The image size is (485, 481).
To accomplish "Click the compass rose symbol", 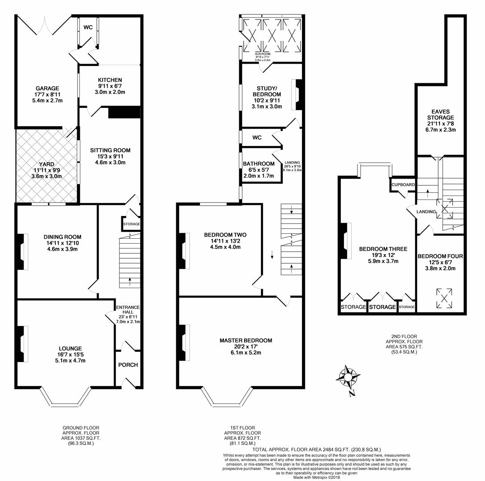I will click(348, 378).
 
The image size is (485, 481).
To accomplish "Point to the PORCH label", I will click(128, 365).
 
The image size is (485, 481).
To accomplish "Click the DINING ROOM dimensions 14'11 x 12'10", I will click(56, 243).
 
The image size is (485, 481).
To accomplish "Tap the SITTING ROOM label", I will click(110, 151).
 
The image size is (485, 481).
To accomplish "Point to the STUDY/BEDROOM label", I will click(267, 91).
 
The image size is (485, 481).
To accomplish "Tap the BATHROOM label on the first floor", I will click(259, 164).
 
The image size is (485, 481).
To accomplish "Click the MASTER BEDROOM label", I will click(245, 340).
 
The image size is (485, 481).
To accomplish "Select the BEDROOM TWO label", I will click(225, 235).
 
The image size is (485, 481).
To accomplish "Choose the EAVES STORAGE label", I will click(440, 115).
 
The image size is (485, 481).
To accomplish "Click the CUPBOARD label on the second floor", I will click(403, 184).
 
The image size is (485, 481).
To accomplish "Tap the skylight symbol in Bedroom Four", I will click(444, 298).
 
